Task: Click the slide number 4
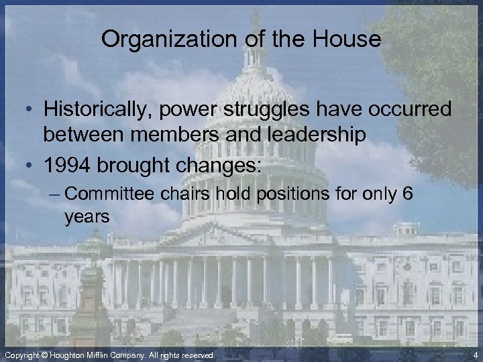474,354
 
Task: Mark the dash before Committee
57,195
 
